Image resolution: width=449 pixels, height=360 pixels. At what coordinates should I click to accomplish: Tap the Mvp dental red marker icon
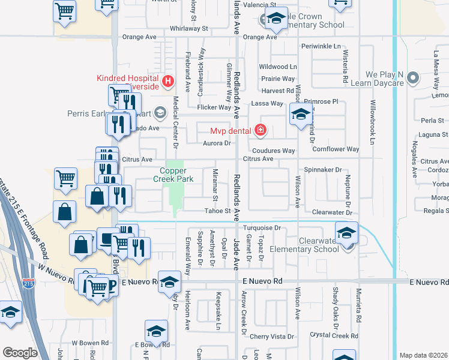[260, 130]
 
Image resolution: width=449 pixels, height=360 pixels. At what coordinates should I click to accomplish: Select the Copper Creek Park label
[173, 174]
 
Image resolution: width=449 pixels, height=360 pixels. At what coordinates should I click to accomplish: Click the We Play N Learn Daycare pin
[412, 77]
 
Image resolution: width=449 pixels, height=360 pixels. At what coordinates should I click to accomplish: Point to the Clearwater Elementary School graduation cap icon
[346, 233]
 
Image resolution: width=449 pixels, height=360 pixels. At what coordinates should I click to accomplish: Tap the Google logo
[20, 353]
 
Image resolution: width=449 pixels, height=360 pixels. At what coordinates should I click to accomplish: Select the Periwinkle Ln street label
[321, 46]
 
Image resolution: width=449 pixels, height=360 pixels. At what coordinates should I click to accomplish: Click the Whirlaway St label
[188, 28]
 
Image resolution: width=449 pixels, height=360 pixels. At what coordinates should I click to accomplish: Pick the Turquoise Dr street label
[262, 228]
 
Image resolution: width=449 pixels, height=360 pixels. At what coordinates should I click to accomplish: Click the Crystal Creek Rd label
[334, 335]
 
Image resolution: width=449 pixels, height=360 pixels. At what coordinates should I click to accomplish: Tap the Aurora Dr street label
[218, 143]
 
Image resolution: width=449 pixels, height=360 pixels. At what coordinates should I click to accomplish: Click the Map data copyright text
[423, 355]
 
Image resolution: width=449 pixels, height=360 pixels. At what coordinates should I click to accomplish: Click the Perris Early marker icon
[160, 112]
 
